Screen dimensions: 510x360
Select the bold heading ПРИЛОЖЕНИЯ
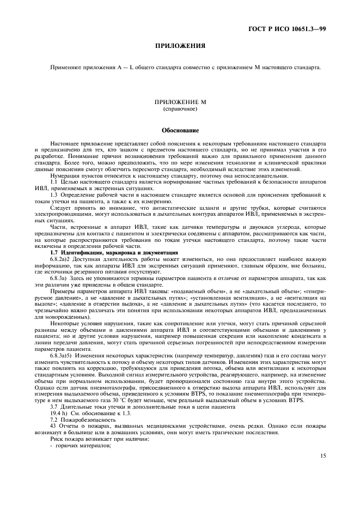click(180, 46)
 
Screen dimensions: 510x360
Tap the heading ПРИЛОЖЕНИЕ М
click(180, 102)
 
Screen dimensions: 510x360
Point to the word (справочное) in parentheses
click(180, 109)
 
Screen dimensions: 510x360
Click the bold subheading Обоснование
click(180, 131)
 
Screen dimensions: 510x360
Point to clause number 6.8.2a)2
click(62, 260)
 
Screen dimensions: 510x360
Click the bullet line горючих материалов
click(82, 444)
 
